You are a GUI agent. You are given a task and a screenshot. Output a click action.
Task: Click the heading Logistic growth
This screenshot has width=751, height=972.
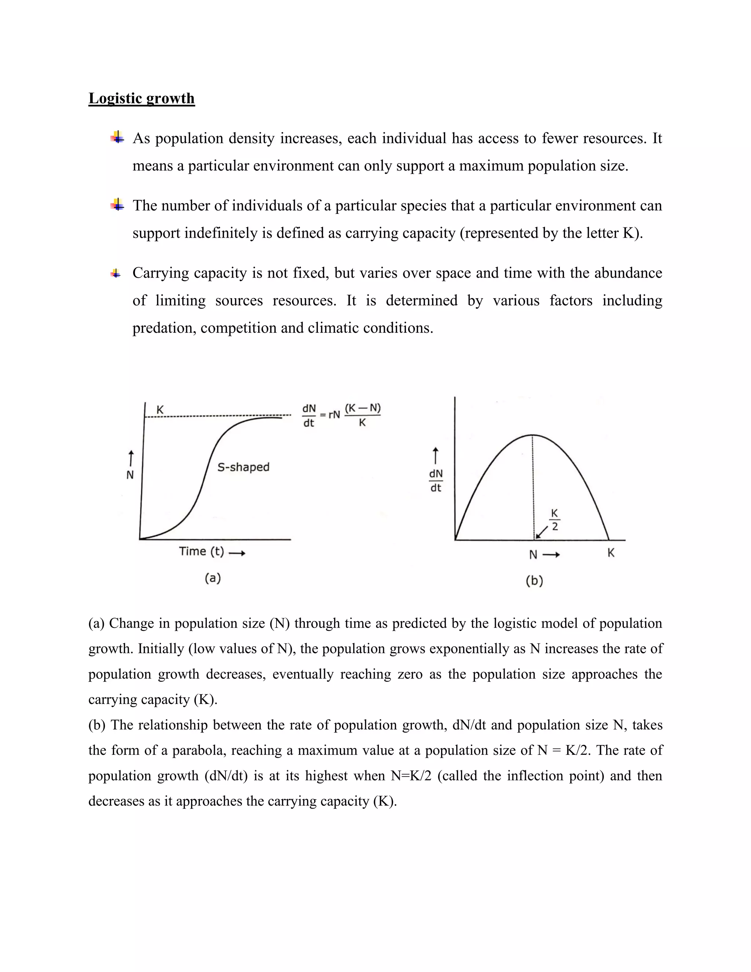click(x=142, y=98)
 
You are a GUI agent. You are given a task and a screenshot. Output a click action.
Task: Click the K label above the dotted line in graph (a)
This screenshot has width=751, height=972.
click(x=160, y=409)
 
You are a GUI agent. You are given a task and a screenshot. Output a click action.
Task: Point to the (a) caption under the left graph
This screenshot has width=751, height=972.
click(x=213, y=578)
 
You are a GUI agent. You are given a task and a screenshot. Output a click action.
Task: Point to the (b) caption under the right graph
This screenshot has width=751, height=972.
click(x=534, y=580)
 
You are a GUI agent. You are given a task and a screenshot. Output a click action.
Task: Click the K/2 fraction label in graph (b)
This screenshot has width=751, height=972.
click(x=554, y=520)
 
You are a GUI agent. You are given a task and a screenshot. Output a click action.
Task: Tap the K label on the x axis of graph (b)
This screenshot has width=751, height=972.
click(x=611, y=553)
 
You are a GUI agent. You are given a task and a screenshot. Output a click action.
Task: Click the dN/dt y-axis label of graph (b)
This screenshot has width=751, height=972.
click(x=436, y=480)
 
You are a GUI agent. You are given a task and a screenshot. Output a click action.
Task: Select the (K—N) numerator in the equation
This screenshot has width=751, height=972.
click(x=363, y=408)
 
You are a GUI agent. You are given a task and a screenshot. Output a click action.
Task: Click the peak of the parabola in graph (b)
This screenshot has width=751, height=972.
click(x=532, y=435)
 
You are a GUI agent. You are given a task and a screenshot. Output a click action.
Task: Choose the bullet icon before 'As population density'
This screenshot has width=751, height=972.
click(x=117, y=138)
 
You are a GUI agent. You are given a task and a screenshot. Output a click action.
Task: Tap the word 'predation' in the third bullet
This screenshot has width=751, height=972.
click(x=164, y=328)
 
